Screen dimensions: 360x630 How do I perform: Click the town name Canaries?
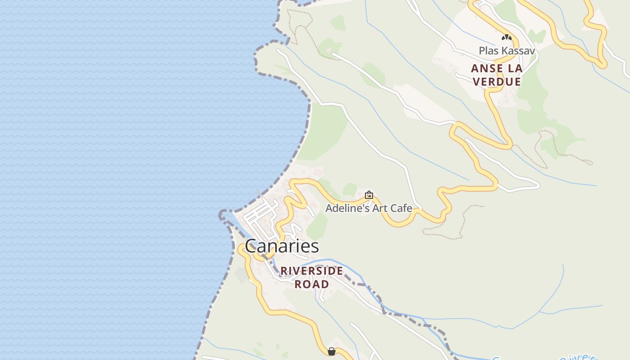tap(282, 246)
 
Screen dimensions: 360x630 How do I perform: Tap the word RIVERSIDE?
tap(312, 271)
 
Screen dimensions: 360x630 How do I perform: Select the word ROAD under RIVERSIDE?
tap(312, 284)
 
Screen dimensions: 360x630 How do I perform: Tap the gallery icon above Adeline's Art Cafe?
tap(369, 195)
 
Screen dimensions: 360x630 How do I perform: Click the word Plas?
tap(489, 51)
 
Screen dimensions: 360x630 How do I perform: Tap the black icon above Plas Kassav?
tap(507, 37)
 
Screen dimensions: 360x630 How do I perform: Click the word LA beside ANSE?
tap(515, 69)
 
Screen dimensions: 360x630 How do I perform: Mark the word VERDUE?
tap(497, 82)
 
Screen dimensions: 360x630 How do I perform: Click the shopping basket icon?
tap(332, 351)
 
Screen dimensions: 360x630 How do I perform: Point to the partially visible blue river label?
tap(578, 356)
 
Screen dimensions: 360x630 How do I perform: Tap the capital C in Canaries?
tap(251, 246)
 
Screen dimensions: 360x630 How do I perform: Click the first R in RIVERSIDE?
tap(284, 271)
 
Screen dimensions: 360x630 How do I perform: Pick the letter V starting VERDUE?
tap(477, 82)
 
